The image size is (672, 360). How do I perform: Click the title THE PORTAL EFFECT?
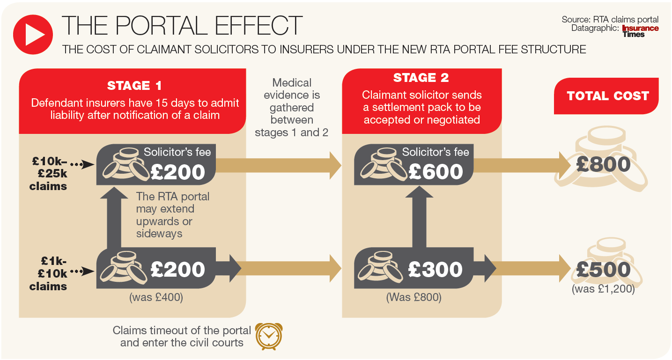[182, 25]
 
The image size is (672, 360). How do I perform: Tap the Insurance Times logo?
[640, 31]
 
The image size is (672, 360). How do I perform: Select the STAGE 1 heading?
[135, 86]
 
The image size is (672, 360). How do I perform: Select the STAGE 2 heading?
[421, 78]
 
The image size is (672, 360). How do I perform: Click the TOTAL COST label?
[608, 96]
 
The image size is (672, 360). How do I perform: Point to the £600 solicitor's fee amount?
[436, 172]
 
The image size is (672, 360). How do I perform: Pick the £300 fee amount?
[436, 269]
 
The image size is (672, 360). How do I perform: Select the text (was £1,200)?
[603, 289]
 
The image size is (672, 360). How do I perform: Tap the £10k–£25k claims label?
[49, 174]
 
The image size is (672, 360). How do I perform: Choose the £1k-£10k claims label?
[48, 273]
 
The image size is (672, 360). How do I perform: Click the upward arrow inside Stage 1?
[115, 215]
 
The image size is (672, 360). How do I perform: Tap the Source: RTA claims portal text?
[610, 20]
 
